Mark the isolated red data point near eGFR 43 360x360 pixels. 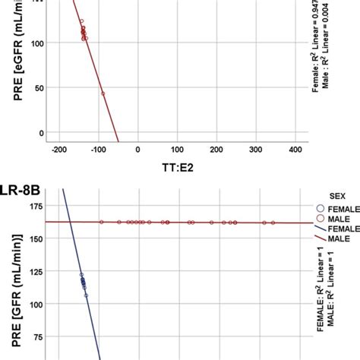coord(103,93)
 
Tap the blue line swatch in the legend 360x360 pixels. coord(319,229)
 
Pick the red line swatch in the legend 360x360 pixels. coord(319,240)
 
